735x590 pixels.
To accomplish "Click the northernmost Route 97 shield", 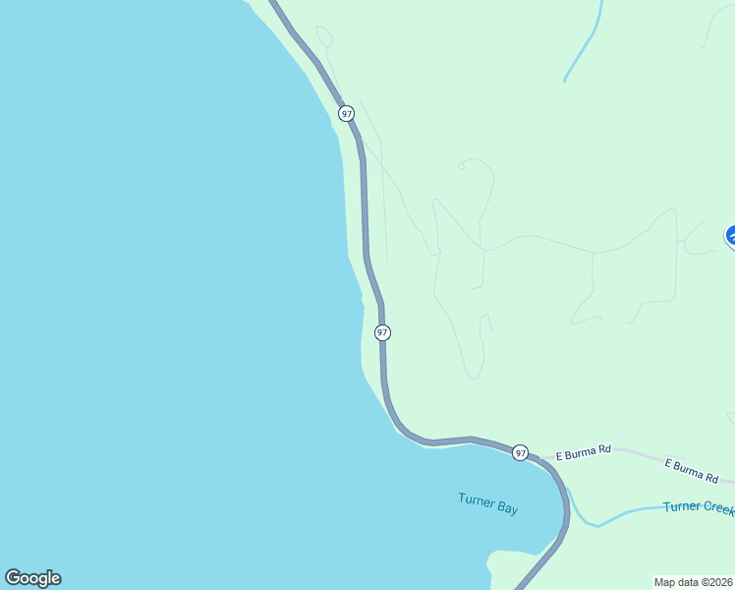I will (x=346, y=113).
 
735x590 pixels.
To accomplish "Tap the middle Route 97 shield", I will (x=382, y=333).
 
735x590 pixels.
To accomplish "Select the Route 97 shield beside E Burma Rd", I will (x=520, y=452).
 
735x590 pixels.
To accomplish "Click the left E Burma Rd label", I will (x=584, y=452).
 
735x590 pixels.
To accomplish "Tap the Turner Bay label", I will (x=487, y=503).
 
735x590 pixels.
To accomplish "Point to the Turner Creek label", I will (x=698, y=506).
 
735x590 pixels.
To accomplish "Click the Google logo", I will (x=32, y=578).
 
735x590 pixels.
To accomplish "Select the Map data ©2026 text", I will (x=694, y=582).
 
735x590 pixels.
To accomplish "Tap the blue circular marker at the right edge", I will (x=732, y=236).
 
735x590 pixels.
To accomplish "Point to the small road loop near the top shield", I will (x=324, y=35).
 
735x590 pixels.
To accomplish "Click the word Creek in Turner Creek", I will (x=716, y=506).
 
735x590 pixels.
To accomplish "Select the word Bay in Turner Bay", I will (x=506, y=508).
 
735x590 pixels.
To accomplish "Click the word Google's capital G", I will (x=12, y=578).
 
